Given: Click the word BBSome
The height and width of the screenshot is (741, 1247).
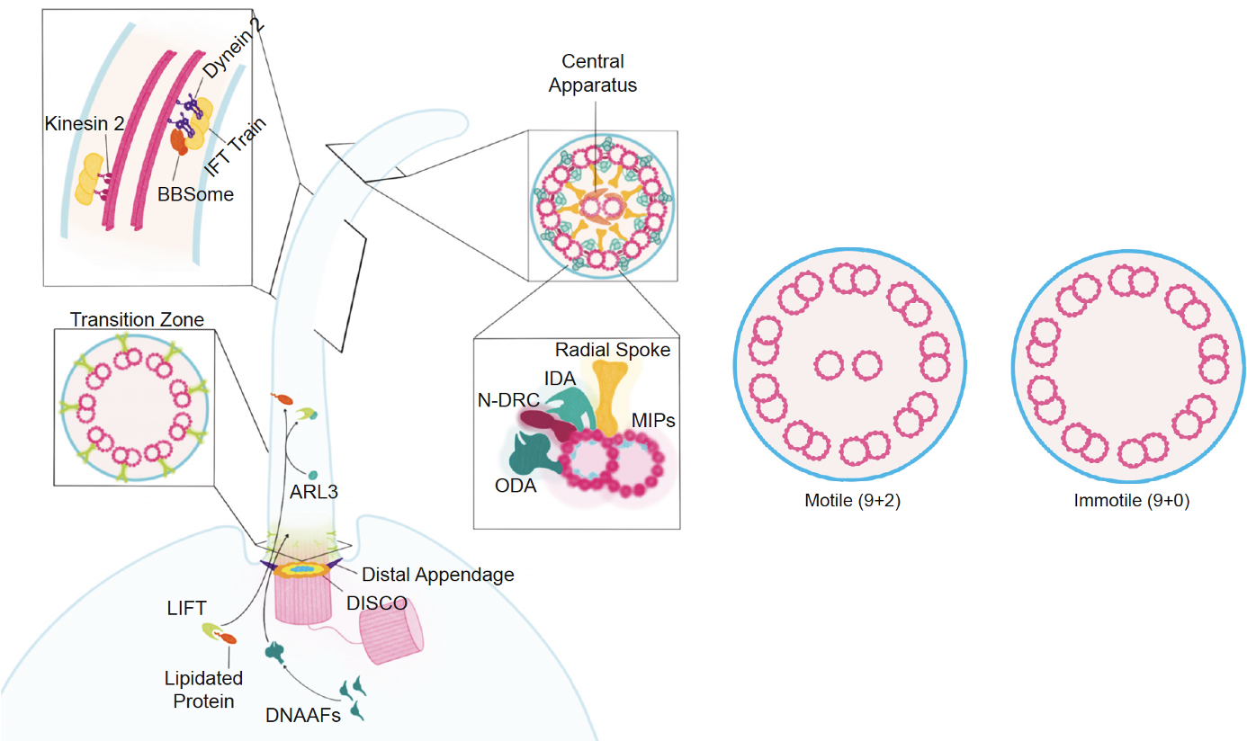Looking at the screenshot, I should point(193,193).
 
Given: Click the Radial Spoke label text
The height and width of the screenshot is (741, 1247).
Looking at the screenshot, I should point(613,350).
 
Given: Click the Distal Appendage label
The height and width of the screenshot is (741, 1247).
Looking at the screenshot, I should point(437,575).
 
